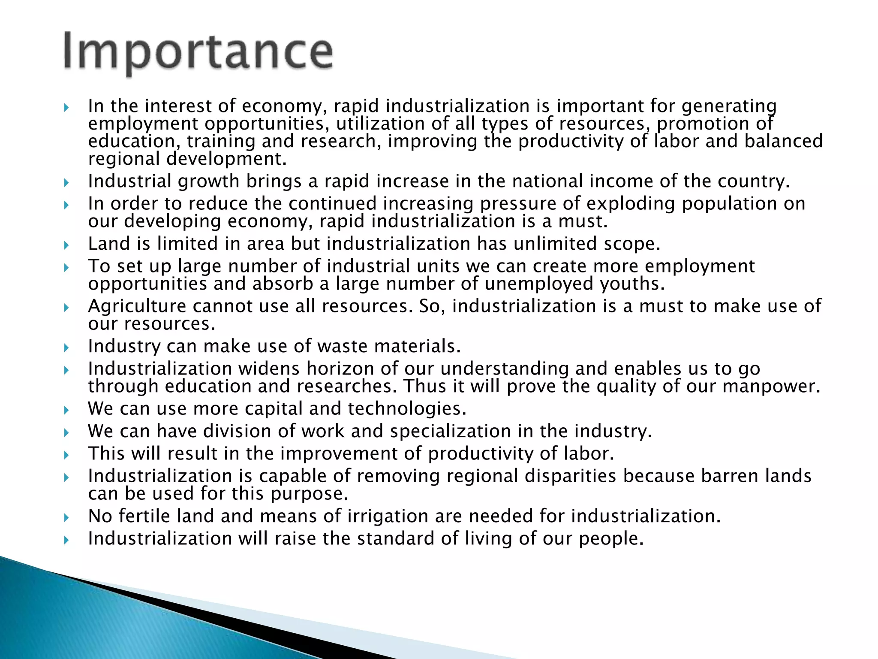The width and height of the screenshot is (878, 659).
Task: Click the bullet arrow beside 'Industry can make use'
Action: pos(66,347)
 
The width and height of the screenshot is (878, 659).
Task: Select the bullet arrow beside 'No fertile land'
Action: pos(66,517)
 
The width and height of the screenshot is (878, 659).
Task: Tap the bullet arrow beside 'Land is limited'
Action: pos(66,245)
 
